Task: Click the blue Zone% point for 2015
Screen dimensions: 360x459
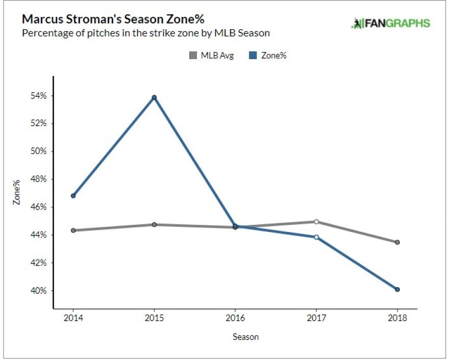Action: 154,97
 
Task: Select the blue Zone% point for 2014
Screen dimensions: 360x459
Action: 73,195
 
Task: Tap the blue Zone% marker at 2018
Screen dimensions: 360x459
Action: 397,290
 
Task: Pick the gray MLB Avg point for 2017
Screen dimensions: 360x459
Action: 316,222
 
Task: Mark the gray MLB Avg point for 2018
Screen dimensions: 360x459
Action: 397,242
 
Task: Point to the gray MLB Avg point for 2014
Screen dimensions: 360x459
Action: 73,230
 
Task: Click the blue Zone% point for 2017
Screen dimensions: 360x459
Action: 316,237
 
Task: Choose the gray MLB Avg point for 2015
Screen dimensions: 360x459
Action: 154,224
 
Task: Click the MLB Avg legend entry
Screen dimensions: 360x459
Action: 211,56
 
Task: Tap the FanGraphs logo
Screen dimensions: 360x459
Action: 391,23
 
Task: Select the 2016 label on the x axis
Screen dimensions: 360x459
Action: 235,317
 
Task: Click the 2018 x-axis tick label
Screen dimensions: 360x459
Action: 397,317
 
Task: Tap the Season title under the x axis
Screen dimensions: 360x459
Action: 245,337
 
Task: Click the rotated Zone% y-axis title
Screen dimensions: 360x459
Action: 17,192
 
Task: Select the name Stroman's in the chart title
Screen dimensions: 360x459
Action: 83,19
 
